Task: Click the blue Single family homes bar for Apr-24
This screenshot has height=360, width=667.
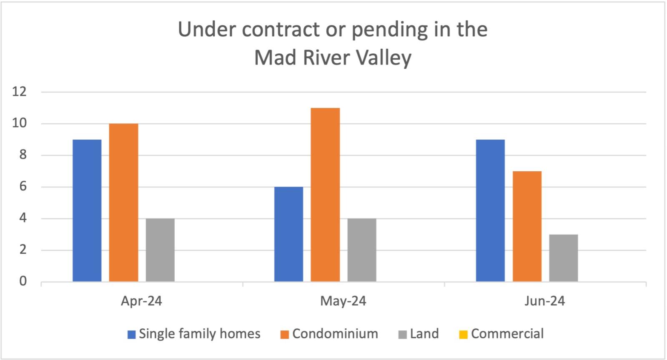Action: pos(87,210)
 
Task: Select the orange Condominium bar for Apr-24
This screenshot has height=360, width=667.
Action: pos(123,202)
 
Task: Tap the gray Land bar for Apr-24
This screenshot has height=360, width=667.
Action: pos(160,250)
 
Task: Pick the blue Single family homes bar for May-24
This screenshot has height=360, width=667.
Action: pos(288,234)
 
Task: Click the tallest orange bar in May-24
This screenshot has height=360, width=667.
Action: pos(325,195)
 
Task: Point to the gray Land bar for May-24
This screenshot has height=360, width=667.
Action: pos(362,250)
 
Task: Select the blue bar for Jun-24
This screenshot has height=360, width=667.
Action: pos(490,210)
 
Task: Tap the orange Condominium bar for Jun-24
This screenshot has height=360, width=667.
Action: pos(527,226)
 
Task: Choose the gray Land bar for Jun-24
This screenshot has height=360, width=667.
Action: pos(563,258)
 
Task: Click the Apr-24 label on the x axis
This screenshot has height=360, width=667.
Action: pos(141,301)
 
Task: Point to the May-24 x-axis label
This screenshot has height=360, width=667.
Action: pos(343,301)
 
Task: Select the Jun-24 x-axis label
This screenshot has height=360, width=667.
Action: pos(544,301)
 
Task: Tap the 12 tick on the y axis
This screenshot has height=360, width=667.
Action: pos(19,92)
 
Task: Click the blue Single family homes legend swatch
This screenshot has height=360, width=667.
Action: pos(132,335)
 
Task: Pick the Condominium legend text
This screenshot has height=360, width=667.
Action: pos(335,334)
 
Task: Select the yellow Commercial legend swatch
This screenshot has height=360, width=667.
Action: pos(464,335)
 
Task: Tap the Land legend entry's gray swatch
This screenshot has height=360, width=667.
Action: pos(402,335)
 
